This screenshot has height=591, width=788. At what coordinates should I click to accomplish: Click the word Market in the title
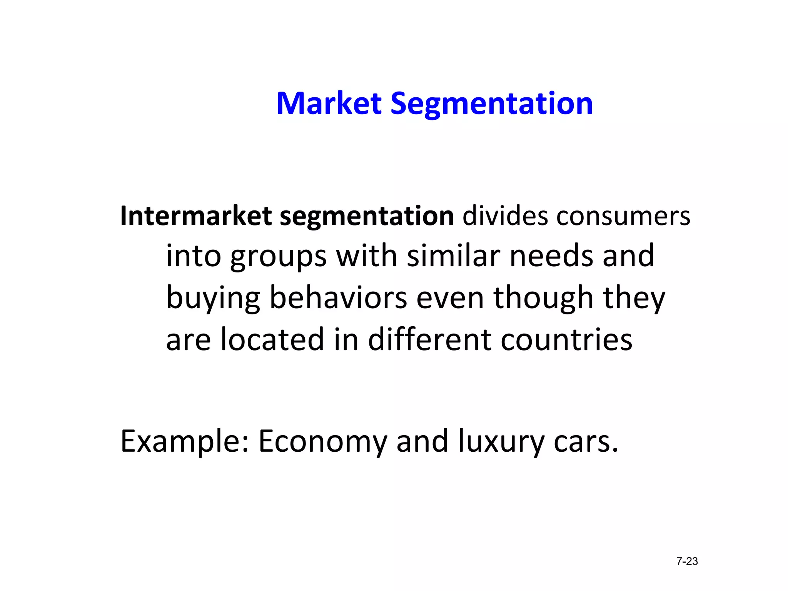329,104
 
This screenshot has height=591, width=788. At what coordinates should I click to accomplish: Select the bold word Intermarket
196,216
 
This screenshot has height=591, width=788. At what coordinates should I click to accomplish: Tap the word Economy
322,442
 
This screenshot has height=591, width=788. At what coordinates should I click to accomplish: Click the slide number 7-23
687,561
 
